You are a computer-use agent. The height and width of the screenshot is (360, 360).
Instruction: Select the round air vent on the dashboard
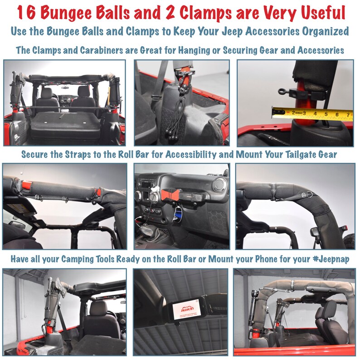(220, 184)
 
